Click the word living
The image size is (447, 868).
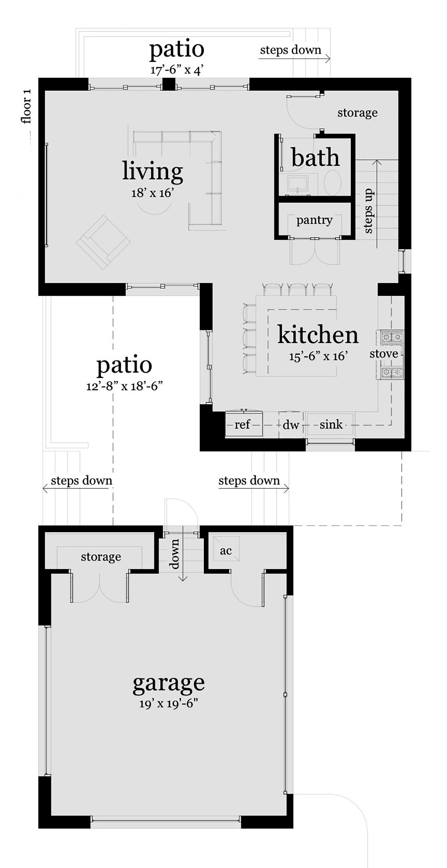coord(152,171)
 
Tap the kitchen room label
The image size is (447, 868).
coord(318,335)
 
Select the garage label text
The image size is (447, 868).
coord(169,684)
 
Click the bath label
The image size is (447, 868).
coord(315,157)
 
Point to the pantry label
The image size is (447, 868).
coord(314,220)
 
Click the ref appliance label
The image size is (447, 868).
coord(242,424)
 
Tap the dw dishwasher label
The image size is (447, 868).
coord(291,424)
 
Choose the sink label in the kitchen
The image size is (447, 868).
coord(331,424)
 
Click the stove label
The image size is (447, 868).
coord(384,354)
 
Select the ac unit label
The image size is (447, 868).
coord(226,551)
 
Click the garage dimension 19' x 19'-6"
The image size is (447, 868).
coord(169,704)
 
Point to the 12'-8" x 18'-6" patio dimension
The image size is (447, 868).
coord(124,385)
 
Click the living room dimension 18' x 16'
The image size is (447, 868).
coord(152,193)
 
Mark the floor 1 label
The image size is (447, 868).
coord(26,106)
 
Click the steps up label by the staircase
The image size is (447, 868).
coord(368,211)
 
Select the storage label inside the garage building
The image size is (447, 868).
coord(101,557)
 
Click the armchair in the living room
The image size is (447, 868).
coord(103,242)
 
